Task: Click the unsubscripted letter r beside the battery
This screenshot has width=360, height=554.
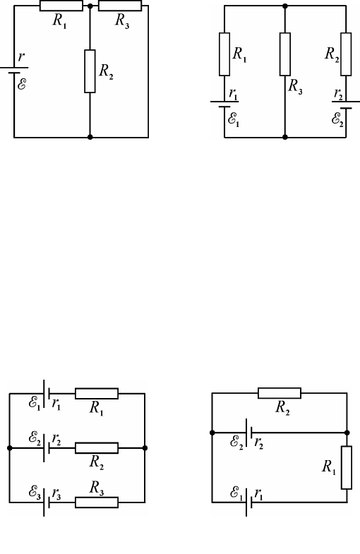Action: pos(22,56)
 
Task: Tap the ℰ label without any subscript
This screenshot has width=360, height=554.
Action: pos(22,84)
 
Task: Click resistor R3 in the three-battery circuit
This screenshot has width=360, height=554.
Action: pos(97,502)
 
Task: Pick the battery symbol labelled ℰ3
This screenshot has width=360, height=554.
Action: pos(47,502)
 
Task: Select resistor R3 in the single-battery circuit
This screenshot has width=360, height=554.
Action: pos(120,6)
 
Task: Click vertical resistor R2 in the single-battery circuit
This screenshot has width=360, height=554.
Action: pos(90,71)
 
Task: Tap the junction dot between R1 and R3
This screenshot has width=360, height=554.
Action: pos(90,6)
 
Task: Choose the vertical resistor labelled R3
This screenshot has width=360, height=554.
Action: pos(285,54)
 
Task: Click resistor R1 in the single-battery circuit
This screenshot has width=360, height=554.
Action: pos(61,6)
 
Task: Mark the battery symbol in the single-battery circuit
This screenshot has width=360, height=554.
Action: pos(14,71)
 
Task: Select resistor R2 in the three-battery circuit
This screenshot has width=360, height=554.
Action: pos(97,447)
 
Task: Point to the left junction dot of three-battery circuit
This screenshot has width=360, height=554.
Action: pos(10,448)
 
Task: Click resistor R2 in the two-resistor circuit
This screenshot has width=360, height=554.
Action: pos(280,393)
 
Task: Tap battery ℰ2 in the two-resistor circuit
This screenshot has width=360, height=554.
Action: pos(248,433)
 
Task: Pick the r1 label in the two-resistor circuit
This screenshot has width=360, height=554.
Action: pos(258,494)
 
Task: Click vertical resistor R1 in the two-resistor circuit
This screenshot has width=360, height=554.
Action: pos(347,467)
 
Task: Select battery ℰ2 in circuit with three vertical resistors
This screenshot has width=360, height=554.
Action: pos(346,105)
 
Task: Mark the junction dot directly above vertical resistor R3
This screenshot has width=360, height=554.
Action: pos(285,6)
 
